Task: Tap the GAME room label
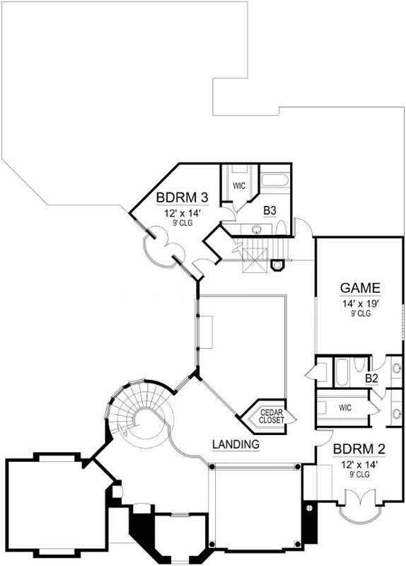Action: coord(361,288)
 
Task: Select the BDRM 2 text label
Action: coord(357,449)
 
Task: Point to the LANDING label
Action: coord(235,444)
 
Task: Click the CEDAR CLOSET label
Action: coord(272,416)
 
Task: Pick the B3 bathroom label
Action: coord(269,210)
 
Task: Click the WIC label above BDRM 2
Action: coord(345,408)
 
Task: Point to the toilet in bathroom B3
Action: coord(282,228)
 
